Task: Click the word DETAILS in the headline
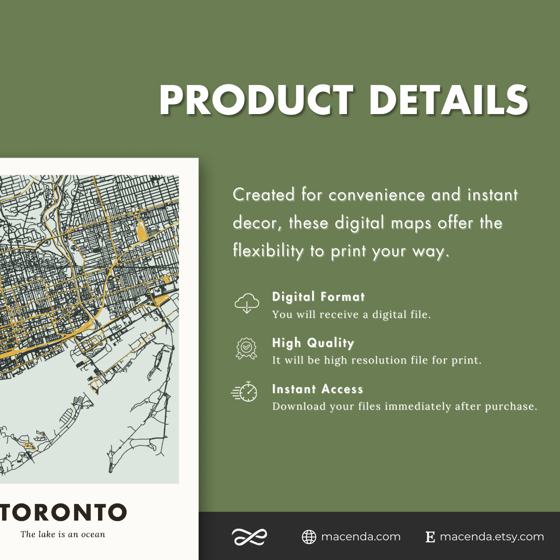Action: [449, 100]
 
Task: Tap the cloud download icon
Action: [246, 303]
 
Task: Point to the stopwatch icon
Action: [245, 392]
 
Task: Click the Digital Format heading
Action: [318, 297]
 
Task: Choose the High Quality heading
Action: [313, 343]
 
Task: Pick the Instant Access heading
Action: [317, 389]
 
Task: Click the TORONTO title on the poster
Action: [63, 512]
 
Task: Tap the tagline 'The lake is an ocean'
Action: [63, 534]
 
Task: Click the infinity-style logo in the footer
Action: [249, 537]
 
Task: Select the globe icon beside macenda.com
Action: [309, 537]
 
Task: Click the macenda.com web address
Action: [360, 537]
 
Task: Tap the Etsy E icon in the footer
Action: [430, 537]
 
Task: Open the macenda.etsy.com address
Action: [492, 537]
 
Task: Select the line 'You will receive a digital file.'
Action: [351, 314]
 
